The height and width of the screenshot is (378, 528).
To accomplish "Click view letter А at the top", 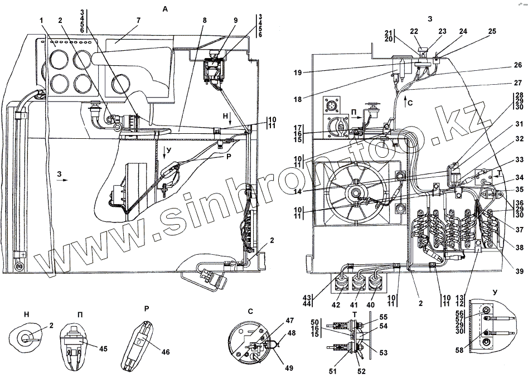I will (164, 9).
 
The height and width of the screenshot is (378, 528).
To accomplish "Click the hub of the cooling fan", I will (353, 193).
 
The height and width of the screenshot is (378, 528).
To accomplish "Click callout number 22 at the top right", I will (414, 31).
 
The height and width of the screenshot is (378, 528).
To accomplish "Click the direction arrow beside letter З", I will (65, 181).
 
